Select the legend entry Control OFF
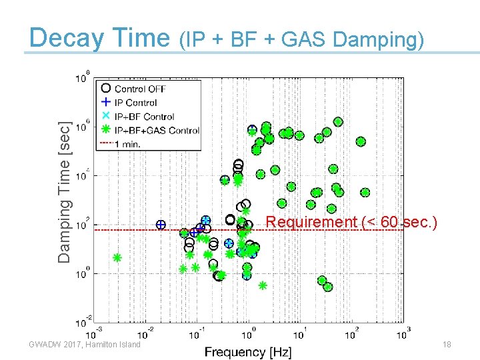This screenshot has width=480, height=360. [x=140, y=89]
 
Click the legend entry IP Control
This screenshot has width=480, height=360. [x=136, y=103]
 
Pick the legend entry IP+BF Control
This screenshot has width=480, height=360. [x=145, y=117]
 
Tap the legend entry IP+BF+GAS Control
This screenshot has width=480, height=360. [x=157, y=131]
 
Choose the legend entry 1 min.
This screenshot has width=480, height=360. [x=127, y=144]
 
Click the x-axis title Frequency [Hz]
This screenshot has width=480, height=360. [x=247, y=351]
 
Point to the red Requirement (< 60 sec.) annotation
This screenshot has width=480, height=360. [x=351, y=222]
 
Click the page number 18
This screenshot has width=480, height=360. [x=447, y=344]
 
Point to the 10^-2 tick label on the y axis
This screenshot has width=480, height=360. [x=80, y=322]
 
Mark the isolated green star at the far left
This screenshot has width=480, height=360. [x=117, y=257]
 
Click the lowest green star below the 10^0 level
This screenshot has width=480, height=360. [x=263, y=285]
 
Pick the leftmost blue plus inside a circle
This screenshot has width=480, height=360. [x=161, y=225]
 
